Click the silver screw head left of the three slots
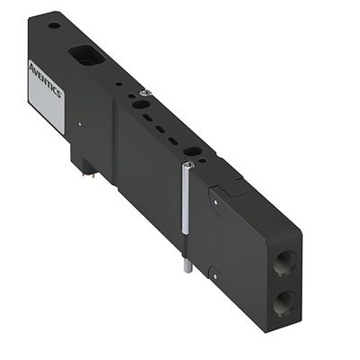137,94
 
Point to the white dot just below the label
79,123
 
